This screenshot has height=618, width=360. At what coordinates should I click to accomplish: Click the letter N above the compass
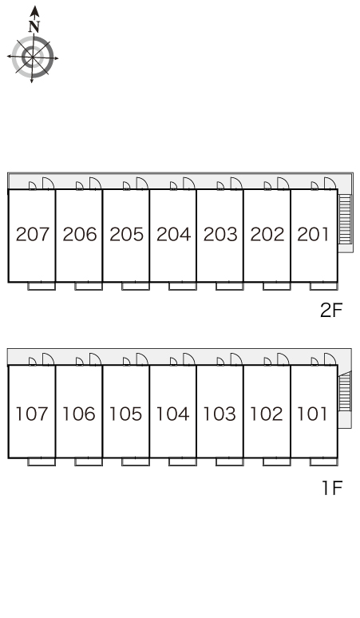pos(34,26)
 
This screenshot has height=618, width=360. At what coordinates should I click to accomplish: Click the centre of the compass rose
pos(32,57)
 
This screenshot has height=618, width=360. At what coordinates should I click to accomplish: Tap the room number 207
pos(33,234)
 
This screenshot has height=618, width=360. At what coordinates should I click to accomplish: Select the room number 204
pos(173,234)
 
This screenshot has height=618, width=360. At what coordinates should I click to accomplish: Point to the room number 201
pos(313,234)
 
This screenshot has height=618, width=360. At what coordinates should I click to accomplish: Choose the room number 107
pos(32,414)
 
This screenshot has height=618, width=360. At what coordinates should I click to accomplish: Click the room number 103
pos(220,414)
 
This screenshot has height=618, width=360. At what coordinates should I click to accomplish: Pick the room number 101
pos(312,414)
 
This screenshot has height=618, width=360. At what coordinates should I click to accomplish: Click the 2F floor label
pos(331,310)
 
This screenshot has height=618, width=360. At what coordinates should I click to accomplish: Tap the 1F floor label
pos(332,488)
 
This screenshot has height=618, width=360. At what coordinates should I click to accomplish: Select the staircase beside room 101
pos(345,391)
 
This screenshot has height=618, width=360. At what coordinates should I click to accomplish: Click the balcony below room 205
pos(136,286)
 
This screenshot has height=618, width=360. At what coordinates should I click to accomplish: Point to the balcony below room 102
pos(276,462)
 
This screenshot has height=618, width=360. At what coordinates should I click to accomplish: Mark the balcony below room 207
pos(42,286)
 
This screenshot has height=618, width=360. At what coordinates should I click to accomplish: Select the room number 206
pos(80,234)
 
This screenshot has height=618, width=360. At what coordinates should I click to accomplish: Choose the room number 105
pos(125,414)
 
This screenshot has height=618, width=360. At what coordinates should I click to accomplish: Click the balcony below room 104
pos(183,462)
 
